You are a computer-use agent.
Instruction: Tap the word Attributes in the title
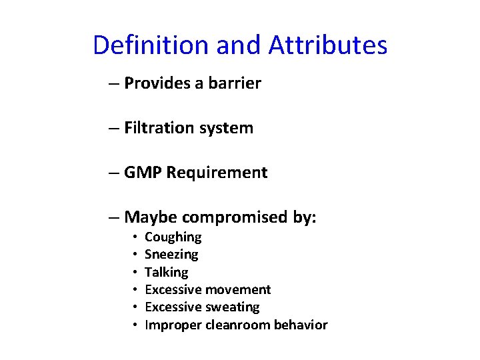click(328, 45)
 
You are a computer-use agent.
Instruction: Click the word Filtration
click(153, 128)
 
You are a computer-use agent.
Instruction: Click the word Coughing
click(173, 237)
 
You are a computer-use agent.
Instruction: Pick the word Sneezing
click(171, 255)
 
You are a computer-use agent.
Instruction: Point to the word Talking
click(166, 272)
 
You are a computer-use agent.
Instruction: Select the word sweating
click(232, 307)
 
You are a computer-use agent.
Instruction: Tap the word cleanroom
click(237, 325)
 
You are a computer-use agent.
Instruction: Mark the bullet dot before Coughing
click(135, 237)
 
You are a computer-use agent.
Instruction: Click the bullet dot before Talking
click(135, 272)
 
